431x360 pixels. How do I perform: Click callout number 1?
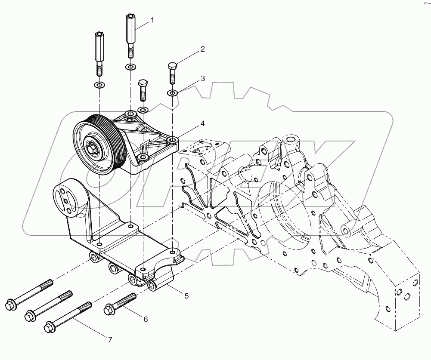point(152,20)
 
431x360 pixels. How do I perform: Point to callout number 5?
point(186,295)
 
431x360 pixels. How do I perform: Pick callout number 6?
point(146,319)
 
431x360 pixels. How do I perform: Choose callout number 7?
point(110,340)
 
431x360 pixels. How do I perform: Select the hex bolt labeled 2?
point(172,74)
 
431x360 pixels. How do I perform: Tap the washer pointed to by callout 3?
point(172,93)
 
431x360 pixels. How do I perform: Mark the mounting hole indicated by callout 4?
point(174,140)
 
